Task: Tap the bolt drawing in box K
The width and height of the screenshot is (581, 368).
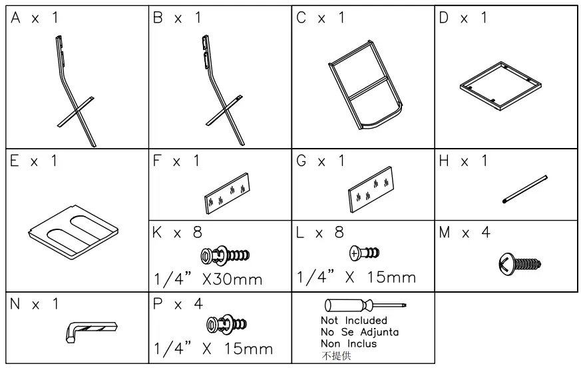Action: point(225,254)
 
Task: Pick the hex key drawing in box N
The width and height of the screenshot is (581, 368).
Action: point(93,329)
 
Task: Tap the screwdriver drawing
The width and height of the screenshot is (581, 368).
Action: point(364,307)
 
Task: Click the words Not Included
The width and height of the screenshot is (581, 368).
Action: point(353,320)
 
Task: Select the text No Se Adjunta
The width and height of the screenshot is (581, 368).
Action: point(359,331)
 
